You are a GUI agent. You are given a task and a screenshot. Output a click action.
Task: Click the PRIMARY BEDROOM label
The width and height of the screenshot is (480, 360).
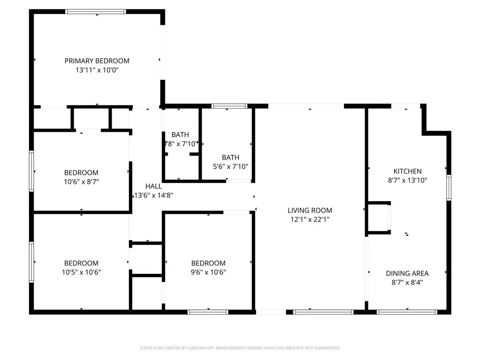[97, 60]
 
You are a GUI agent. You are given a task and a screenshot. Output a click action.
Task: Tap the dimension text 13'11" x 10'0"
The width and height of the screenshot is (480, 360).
[97, 70]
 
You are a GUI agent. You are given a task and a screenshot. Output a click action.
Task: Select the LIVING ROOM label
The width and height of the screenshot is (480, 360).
[310, 210]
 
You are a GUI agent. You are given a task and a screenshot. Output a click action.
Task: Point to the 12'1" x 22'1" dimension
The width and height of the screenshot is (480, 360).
[310, 219]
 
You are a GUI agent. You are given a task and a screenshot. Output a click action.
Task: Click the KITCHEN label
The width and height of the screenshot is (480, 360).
[407, 171]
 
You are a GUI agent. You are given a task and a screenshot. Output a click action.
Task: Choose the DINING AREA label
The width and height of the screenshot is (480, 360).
[407, 273]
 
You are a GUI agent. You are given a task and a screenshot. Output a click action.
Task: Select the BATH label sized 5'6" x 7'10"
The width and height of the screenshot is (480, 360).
[230, 157]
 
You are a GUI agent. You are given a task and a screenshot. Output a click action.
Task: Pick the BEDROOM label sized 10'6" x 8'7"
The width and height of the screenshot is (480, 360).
[81, 172]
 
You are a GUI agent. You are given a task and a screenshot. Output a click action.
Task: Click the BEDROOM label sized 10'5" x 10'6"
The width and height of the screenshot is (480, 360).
[81, 263]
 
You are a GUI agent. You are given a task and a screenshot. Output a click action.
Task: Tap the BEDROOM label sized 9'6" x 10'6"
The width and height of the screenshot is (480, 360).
[208, 263]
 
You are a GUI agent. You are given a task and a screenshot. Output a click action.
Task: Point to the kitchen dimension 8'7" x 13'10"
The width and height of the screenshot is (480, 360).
[407, 180]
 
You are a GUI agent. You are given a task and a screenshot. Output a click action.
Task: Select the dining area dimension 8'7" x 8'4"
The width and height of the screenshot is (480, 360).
[407, 282]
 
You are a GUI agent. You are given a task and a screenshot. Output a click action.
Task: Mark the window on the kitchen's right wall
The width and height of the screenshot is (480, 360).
[449, 187]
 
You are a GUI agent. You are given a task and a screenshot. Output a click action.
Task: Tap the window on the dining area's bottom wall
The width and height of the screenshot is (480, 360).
[407, 312]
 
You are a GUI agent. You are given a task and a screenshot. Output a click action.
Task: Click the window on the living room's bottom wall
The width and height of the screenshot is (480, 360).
[323, 312]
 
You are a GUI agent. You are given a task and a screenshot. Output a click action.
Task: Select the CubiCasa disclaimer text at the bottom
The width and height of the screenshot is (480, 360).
[240, 348]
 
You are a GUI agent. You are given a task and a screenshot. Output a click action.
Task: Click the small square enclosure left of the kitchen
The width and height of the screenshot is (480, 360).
[379, 217]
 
